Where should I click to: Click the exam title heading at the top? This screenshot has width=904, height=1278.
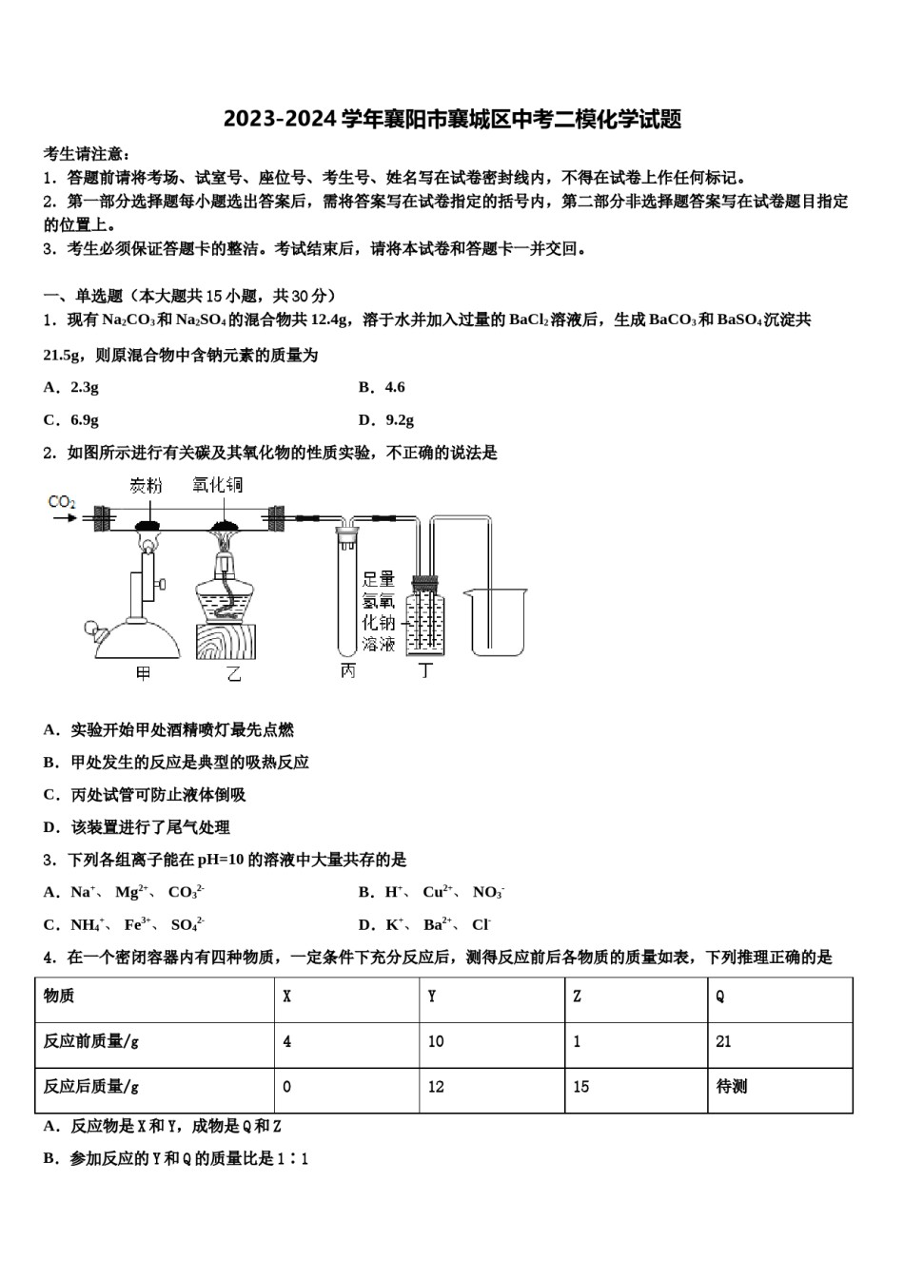[452, 119]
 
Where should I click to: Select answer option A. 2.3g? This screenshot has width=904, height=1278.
[71, 387]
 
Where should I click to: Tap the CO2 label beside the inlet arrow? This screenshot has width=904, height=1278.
[62, 501]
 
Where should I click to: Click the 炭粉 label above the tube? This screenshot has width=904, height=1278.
[146, 486]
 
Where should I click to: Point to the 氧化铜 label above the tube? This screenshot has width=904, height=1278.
[217, 485]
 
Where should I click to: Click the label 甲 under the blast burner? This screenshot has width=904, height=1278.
[143, 673]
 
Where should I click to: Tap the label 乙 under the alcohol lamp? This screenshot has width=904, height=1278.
[233, 673]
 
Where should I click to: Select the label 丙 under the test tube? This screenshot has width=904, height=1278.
[347, 671]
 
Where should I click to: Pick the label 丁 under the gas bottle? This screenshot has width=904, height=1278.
[425, 671]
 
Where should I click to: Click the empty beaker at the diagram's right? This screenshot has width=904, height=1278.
[494, 623]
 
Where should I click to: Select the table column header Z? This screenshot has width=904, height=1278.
[578, 997]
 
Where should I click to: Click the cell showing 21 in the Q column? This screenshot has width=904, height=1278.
[724, 1041]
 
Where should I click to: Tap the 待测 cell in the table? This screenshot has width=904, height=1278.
[732, 1086]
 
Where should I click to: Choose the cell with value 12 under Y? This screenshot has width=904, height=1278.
[436, 1086]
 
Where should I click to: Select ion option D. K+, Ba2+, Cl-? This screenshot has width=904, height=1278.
[424, 924]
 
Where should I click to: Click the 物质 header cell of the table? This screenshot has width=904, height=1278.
[59, 997]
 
